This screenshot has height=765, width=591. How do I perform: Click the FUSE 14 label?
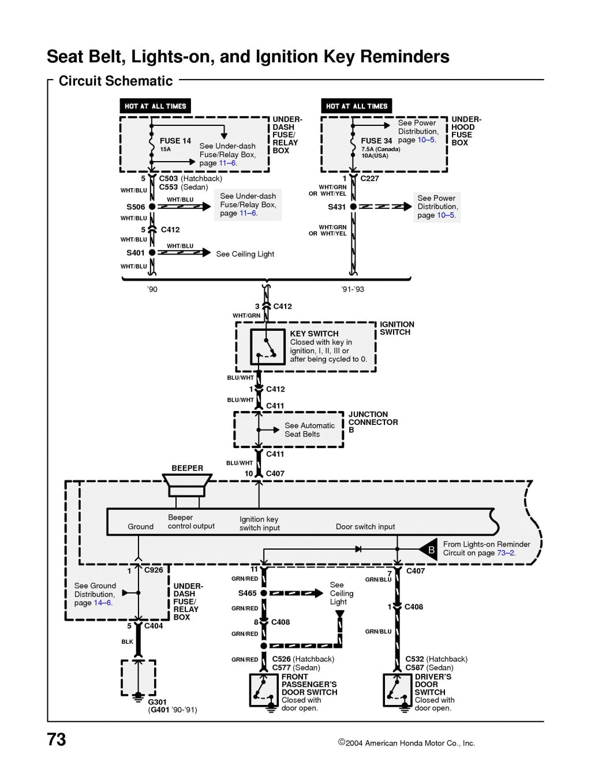(175, 140)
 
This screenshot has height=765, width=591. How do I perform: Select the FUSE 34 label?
(376, 140)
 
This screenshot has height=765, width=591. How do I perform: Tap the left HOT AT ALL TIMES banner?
(155, 106)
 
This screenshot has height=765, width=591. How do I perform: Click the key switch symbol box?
(267, 347)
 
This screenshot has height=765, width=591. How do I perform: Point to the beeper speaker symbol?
(187, 486)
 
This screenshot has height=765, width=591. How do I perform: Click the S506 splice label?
(136, 207)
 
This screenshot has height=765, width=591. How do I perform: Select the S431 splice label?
(336, 207)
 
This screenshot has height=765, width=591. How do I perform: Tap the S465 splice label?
(247, 593)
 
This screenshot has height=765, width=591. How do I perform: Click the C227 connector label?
(369, 178)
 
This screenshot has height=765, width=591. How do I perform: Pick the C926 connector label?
(154, 570)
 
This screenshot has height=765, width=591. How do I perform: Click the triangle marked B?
(429, 550)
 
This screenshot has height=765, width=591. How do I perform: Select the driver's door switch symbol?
(398, 690)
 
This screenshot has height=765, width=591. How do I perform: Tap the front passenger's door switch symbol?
(264, 690)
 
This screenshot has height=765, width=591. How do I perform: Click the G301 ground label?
(157, 702)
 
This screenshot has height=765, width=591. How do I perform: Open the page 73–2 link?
(506, 553)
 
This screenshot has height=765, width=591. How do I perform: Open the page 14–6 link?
(103, 603)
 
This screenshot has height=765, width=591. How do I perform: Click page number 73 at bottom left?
(57, 740)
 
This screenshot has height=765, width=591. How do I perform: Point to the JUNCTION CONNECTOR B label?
(373, 422)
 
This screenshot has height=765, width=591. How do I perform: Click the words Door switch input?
(365, 527)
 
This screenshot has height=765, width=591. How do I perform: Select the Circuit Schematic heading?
(115, 81)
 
